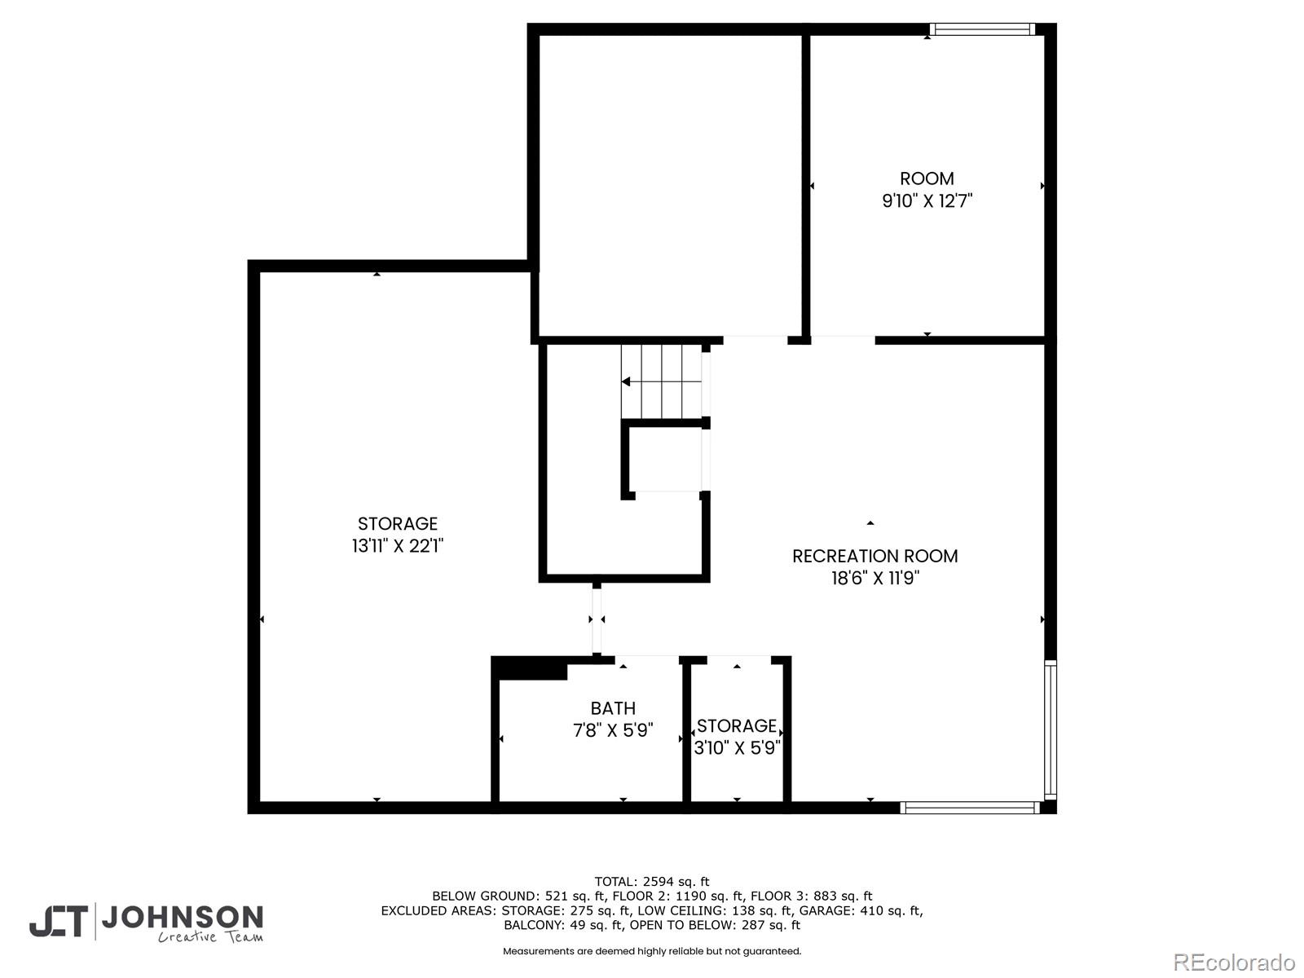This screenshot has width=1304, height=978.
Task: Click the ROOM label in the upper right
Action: click(926, 178)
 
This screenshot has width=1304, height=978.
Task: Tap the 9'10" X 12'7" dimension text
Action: click(927, 200)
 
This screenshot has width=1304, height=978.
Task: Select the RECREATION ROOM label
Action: click(874, 557)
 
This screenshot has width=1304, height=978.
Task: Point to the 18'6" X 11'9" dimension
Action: click(875, 578)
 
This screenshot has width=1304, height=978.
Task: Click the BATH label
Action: click(613, 708)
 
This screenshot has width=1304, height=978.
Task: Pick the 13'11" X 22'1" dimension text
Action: click(398, 545)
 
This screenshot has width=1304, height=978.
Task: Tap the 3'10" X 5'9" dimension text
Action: click(737, 747)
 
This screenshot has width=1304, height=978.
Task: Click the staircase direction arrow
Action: click(661, 381)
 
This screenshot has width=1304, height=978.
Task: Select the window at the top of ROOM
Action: click(982, 29)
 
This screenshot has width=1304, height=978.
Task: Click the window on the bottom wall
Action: click(970, 808)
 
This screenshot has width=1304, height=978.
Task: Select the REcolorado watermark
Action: click(1234, 962)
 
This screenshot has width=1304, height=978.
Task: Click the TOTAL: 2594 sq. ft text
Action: click(652, 882)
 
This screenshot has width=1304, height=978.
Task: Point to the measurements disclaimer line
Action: click(652, 951)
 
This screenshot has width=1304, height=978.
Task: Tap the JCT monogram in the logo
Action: click(59, 921)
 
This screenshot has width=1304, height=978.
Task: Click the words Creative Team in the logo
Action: click(210, 937)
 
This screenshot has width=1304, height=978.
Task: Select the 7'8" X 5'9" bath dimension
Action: click(613, 729)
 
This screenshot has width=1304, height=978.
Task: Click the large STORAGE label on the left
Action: click(398, 524)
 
